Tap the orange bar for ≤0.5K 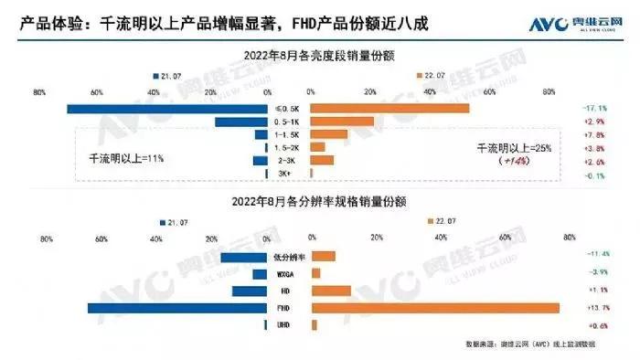click(x=390, y=110)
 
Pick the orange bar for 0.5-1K click(x=343, y=122)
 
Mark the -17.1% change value click(x=595, y=109)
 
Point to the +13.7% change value click(x=595, y=308)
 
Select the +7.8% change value click(x=595, y=134)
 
